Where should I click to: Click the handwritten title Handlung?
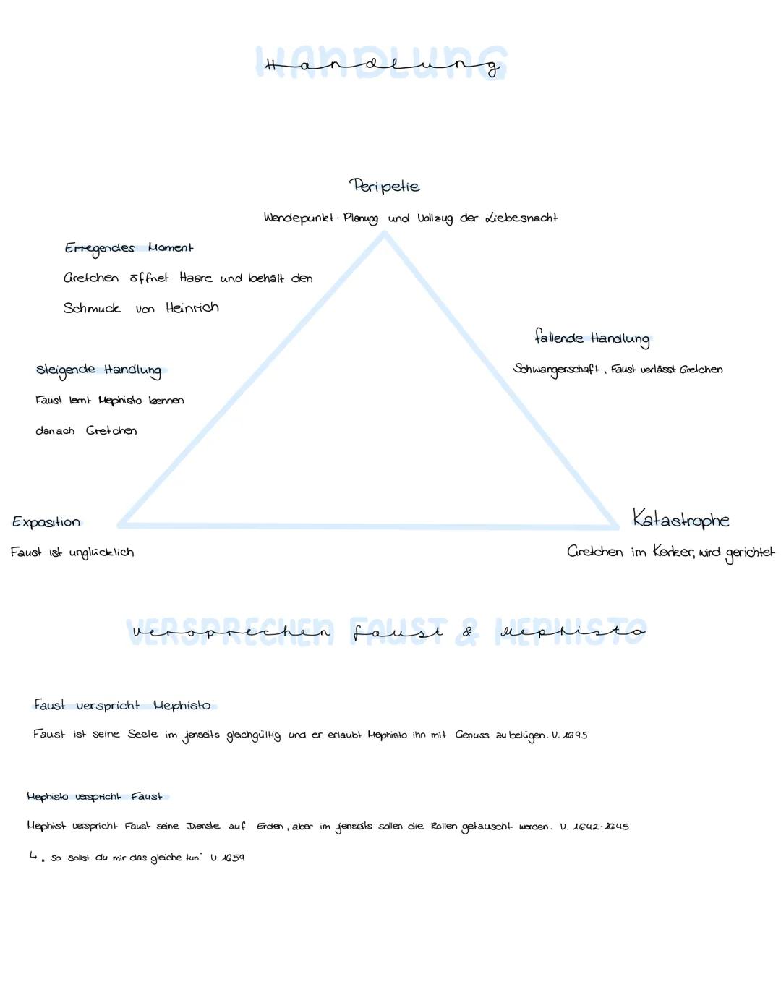(383, 66)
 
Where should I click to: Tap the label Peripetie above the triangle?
(385, 186)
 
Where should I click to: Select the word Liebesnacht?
(521, 218)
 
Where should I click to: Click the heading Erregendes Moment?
(129, 249)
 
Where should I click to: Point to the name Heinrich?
(192, 307)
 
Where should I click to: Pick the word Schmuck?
(92, 308)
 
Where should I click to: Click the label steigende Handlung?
(99, 371)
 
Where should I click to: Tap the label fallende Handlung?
(592, 338)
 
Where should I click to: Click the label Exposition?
(46, 522)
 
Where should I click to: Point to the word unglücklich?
(101, 552)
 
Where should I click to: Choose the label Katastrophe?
(680, 518)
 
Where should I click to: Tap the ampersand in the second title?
(467, 631)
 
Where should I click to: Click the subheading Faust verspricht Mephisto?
(122, 706)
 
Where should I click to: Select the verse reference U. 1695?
(570, 735)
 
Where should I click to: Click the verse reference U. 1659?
(227, 858)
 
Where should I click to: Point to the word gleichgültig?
(254, 735)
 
